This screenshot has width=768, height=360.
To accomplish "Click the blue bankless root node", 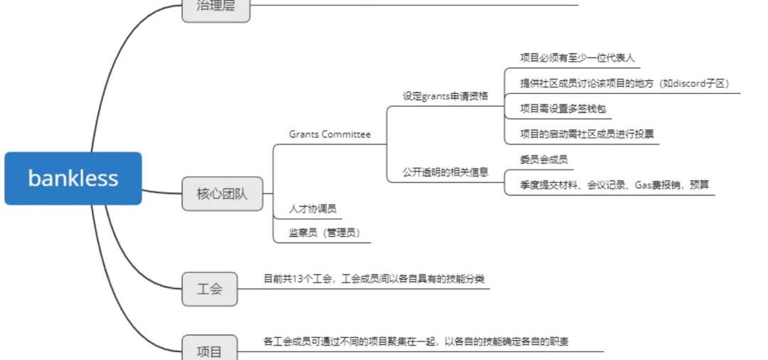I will point(73,178).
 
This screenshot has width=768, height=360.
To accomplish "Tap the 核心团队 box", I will point(222,193).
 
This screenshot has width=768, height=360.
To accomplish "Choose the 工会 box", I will point(209,289).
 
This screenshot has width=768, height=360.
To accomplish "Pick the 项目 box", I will point(209,349).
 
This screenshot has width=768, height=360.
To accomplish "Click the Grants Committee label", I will point(329,134).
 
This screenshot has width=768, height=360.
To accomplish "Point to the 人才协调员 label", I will point(312,209).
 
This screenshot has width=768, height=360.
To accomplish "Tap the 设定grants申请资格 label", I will point(445,96).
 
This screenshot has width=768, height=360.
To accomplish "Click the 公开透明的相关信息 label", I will point(445,171).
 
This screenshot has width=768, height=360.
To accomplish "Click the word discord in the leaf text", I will point(688,83).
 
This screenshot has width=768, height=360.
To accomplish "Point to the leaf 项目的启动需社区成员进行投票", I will point(587,134).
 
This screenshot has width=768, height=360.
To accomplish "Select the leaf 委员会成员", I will point(544,159).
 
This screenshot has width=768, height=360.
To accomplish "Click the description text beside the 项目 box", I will point(415,342).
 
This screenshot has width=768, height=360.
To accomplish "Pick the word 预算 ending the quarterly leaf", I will point(699,185).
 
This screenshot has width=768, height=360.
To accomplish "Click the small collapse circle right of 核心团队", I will point(267,193).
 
